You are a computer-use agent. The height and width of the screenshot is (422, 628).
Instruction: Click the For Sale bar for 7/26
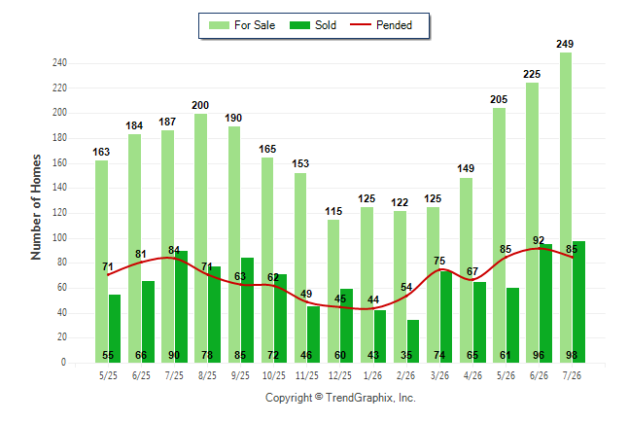pyautogui.click(x=566, y=207)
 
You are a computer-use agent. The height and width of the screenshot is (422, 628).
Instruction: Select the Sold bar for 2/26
pyautogui.click(x=413, y=341)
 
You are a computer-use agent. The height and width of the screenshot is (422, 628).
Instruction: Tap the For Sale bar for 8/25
pyautogui.click(x=201, y=238)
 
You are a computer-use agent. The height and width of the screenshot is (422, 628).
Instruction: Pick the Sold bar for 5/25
pyautogui.click(x=115, y=329)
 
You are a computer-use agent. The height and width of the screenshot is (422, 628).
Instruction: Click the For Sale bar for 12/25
pyautogui.click(x=333, y=292)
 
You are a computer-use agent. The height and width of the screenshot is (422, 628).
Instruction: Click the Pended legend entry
pyautogui.click(x=381, y=25)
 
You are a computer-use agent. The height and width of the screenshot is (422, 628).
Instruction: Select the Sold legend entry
pyautogui.click(x=313, y=25)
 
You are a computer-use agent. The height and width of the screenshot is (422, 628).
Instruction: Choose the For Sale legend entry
pyautogui.click(x=242, y=25)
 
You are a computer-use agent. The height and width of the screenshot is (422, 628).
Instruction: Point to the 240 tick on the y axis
pyautogui.click(x=59, y=63)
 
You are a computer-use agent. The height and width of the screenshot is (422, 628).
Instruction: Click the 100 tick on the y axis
pyautogui.click(x=59, y=237)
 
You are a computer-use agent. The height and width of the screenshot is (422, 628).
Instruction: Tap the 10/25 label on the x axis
pyautogui.click(x=274, y=375)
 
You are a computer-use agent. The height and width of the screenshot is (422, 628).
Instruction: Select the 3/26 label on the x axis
pyautogui.click(x=439, y=375)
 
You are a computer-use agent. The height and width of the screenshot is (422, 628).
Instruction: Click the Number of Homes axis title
pyautogui.click(x=36, y=207)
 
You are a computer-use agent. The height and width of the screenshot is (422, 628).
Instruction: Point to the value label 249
pyautogui.click(x=565, y=44)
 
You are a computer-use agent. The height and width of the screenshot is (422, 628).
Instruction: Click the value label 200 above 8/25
pyautogui.click(x=200, y=105)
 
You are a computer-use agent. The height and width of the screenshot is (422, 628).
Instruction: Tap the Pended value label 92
pyautogui.click(x=539, y=240)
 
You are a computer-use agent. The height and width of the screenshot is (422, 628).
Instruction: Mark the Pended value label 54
pyautogui.click(x=406, y=288)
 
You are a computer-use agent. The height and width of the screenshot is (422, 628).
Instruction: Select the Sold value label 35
pyautogui.click(x=406, y=355)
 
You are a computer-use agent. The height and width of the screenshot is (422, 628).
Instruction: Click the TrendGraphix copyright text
pyautogui.click(x=340, y=398)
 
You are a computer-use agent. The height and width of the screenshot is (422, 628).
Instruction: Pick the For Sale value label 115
pyautogui.click(x=333, y=211)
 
